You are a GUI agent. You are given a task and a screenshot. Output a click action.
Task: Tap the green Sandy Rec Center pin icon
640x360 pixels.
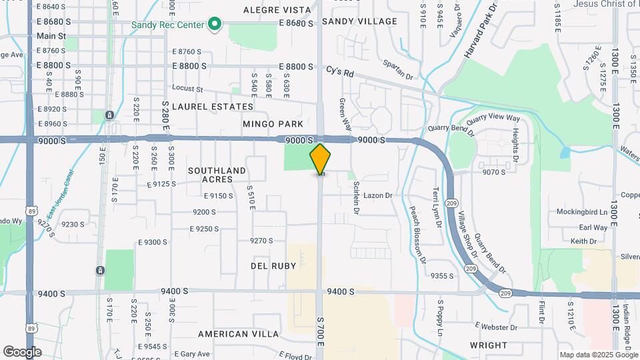click(215, 25)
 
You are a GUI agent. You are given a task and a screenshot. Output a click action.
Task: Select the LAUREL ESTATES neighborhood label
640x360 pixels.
click(213, 107)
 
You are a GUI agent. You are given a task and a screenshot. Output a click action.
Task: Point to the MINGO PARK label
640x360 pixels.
click(273, 124)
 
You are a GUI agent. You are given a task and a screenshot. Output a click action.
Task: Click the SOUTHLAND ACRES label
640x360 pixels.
click(217, 175)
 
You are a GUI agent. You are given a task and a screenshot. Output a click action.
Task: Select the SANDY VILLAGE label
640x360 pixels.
click(359, 21)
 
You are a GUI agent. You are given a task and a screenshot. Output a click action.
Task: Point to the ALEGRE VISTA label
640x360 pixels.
click(277, 10)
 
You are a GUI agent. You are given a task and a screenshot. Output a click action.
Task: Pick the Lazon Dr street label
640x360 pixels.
click(379, 196)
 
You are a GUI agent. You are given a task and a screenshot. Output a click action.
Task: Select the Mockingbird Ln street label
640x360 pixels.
click(584, 212)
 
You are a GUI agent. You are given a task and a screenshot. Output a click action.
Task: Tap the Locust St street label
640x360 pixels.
click(187, 88)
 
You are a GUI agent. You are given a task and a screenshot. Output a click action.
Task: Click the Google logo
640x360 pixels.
click(23, 351)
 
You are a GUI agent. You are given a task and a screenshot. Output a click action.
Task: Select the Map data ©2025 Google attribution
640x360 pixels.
click(598, 355)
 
